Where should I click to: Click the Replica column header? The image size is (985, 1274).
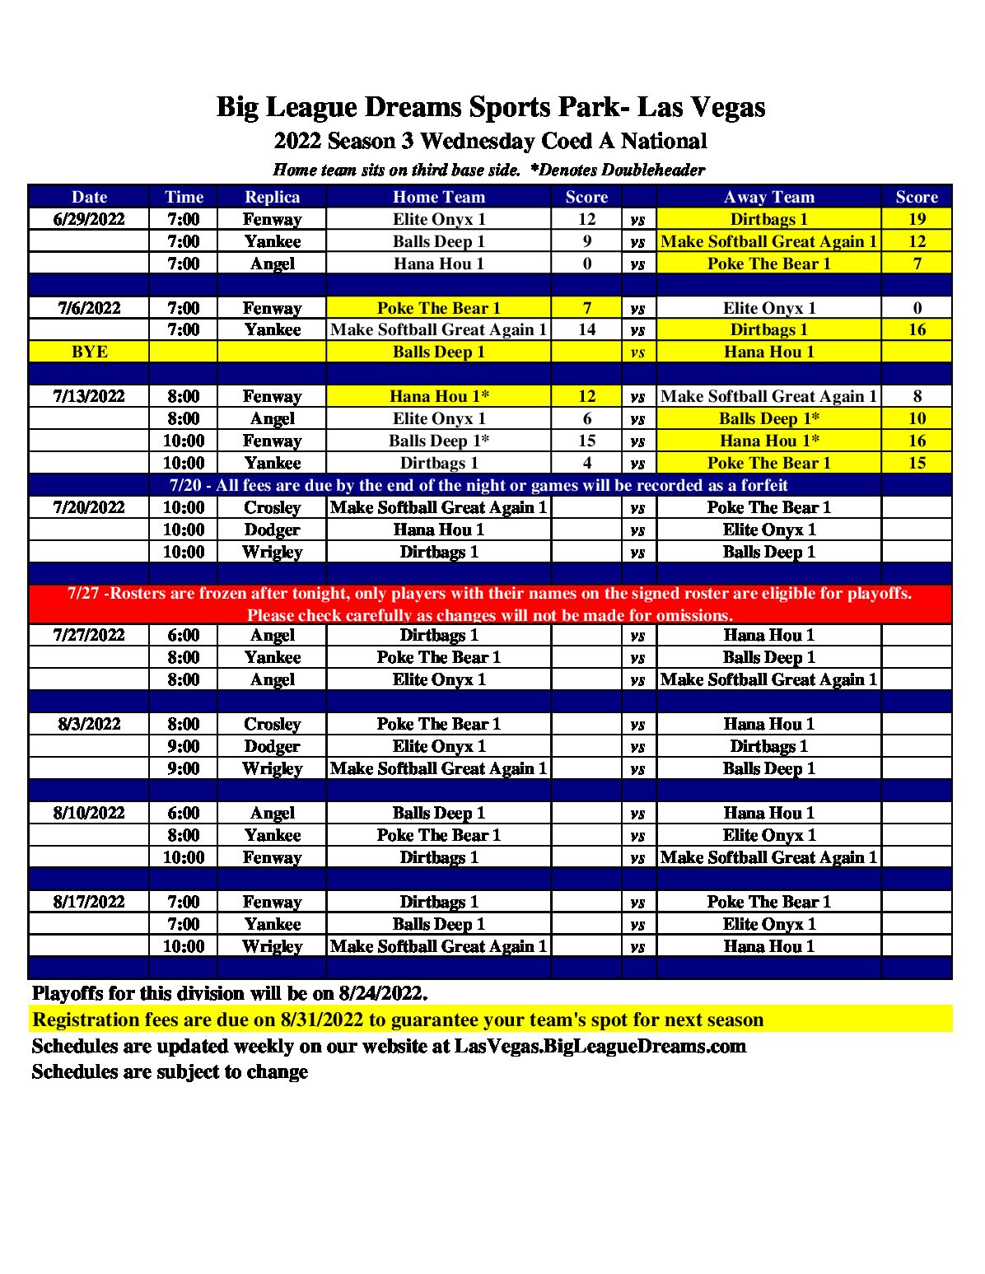pyautogui.click(x=272, y=197)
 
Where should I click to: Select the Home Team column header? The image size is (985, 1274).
pyautogui.click(x=438, y=197)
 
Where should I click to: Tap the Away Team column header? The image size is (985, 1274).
pyautogui.click(x=768, y=197)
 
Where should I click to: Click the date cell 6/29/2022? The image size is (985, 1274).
pyautogui.click(x=89, y=219)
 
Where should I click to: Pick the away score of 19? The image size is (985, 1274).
pyautogui.click(x=917, y=219)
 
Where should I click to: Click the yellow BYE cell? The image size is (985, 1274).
pyautogui.click(x=89, y=352)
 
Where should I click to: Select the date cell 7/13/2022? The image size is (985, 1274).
pyautogui.click(x=89, y=396)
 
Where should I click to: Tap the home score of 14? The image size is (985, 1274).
pyautogui.click(x=586, y=329)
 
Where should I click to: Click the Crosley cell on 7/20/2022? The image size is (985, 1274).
pyautogui.click(x=272, y=507)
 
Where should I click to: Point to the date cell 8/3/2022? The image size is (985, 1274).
pyautogui.click(x=89, y=724)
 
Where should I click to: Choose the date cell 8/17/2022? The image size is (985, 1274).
pyautogui.click(x=89, y=902)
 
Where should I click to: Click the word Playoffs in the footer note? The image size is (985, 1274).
pyautogui.click(x=68, y=993)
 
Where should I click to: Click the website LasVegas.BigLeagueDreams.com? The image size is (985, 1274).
pyautogui.click(x=600, y=1046)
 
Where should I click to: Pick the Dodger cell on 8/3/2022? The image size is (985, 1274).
pyautogui.click(x=272, y=746)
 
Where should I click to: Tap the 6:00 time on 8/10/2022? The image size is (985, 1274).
pyautogui.click(x=183, y=813)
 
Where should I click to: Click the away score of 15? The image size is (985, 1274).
pyautogui.click(x=917, y=463)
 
